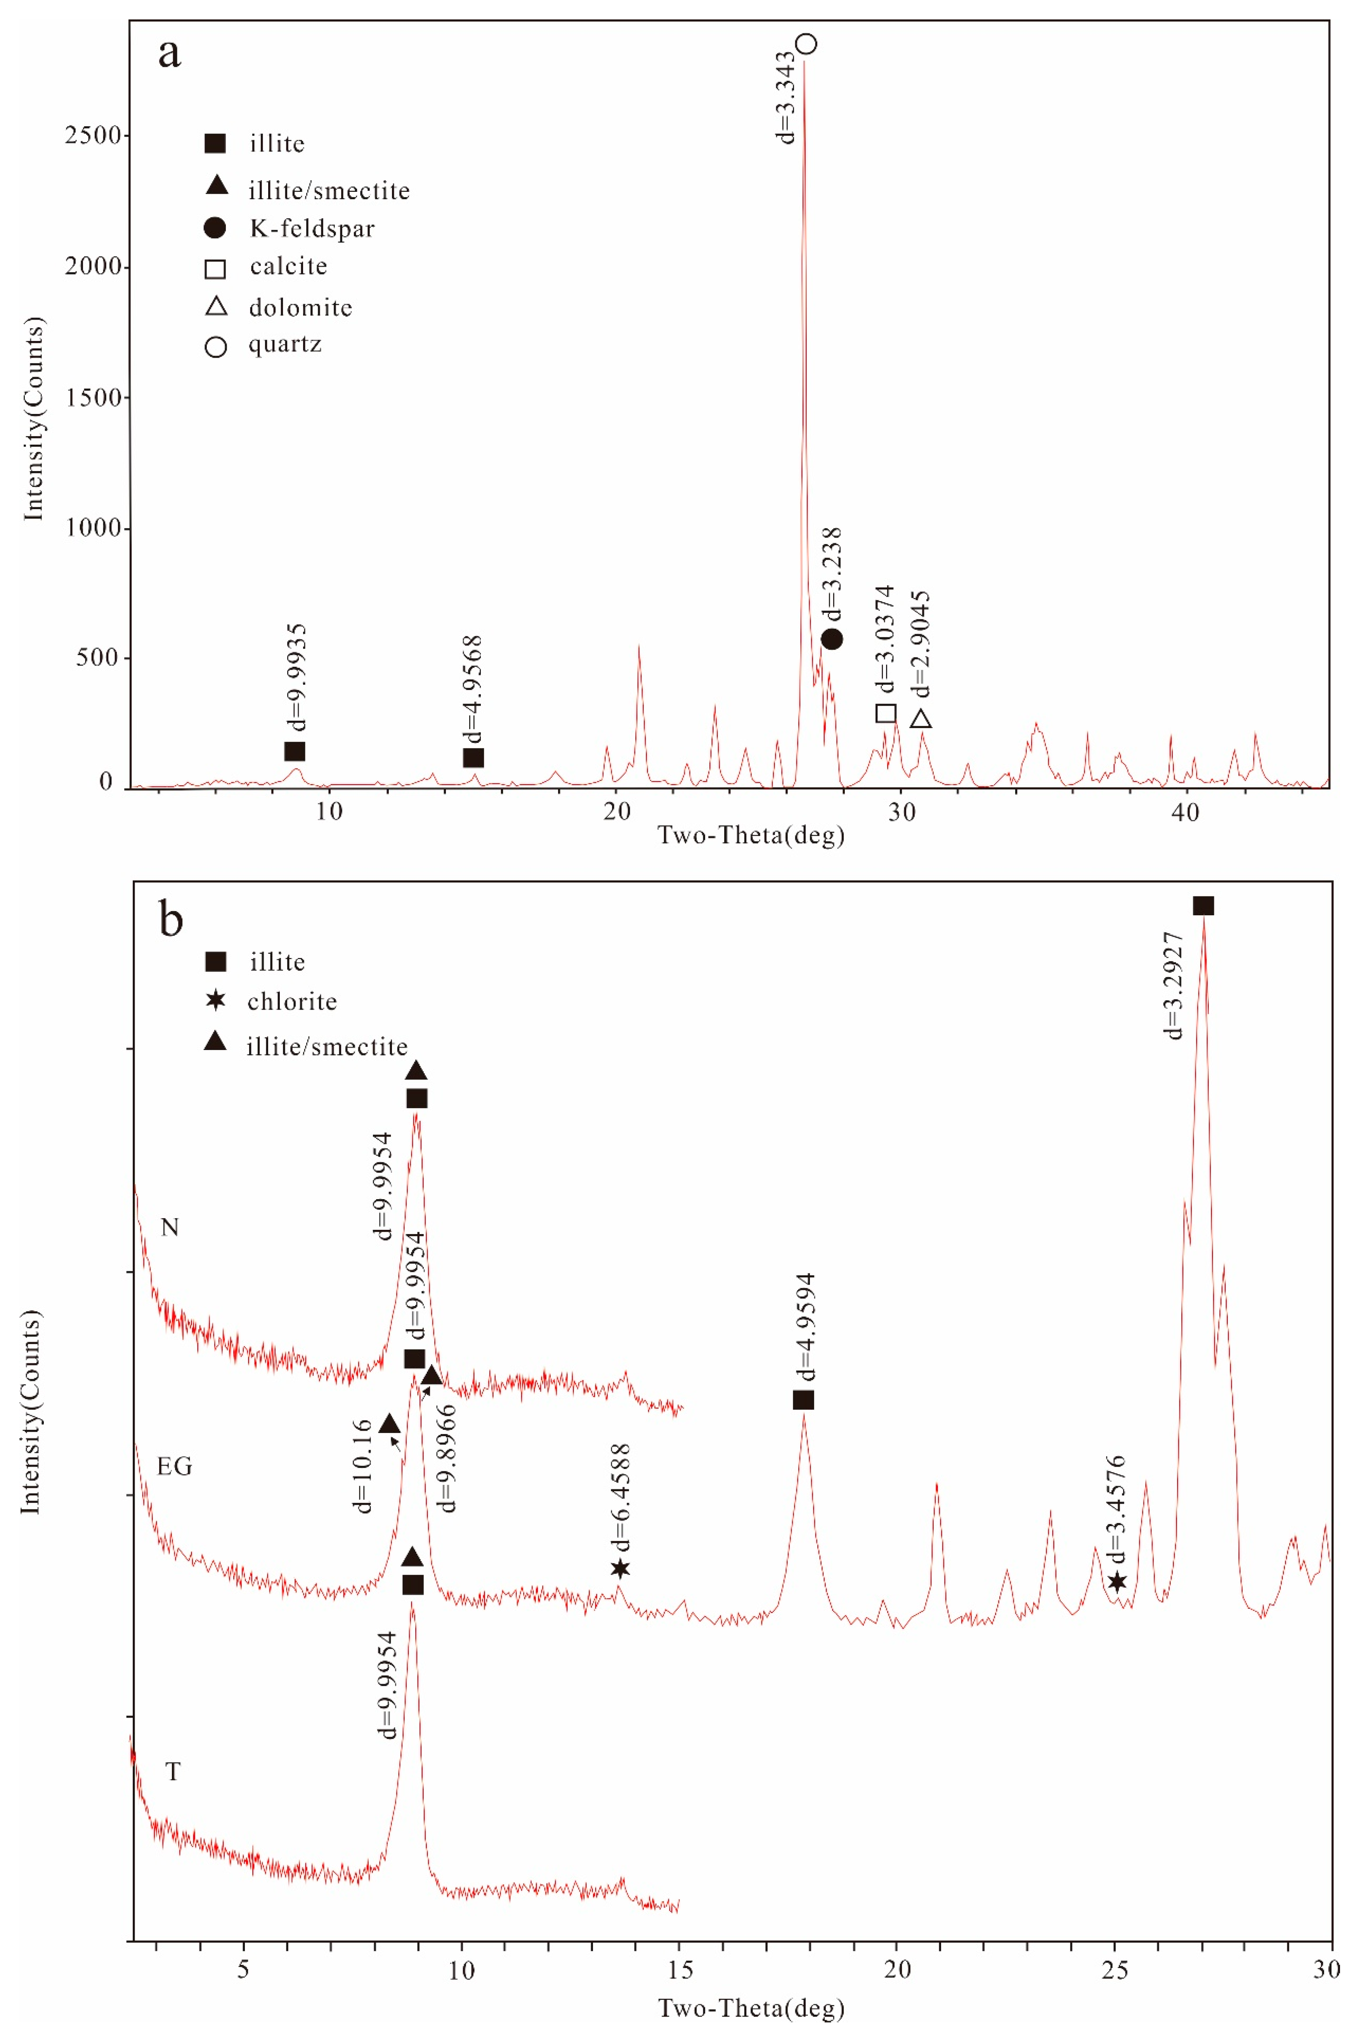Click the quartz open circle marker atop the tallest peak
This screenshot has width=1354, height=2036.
coord(806,43)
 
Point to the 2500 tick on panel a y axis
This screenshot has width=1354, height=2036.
coord(93,136)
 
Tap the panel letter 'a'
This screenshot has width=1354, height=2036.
coord(169,54)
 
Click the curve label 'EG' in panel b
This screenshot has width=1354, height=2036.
coord(174,1466)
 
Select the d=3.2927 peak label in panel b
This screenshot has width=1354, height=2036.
coord(1172,985)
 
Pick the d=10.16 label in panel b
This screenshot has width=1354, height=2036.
coord(363,1465)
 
